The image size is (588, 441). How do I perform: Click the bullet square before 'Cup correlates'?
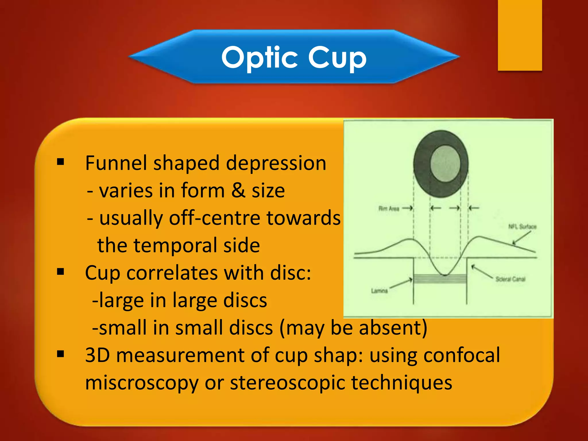(x=61, y=271)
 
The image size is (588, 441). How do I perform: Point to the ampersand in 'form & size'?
(x=238, y=190)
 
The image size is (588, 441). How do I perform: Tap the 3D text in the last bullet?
(x=98, y=355)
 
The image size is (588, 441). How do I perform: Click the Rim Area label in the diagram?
(x=389, y=209)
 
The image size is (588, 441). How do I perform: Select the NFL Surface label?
(x=522, y=227)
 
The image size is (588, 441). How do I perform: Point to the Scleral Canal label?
(x=510, y=279)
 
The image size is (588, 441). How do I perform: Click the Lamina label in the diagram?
(x=379, y=291)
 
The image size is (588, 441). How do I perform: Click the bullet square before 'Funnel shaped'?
(x=61, y=162)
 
